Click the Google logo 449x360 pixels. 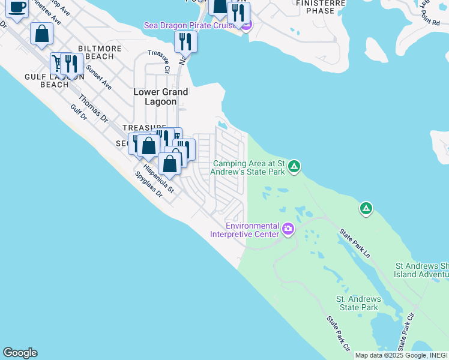point(20,353)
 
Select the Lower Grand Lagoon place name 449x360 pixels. point(160,97)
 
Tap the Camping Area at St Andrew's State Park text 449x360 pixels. point(250,167)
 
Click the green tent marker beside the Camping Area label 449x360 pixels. point(294,166)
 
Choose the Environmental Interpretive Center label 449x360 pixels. point(252,230)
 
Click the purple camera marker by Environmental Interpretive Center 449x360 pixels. point(288,229)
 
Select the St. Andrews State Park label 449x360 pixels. point(358,303)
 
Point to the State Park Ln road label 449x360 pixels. point(355,243)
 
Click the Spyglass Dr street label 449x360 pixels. point(149,185)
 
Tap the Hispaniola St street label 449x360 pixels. point(162,178)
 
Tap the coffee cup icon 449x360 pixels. point(17,7)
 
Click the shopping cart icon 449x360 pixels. point(58,62)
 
